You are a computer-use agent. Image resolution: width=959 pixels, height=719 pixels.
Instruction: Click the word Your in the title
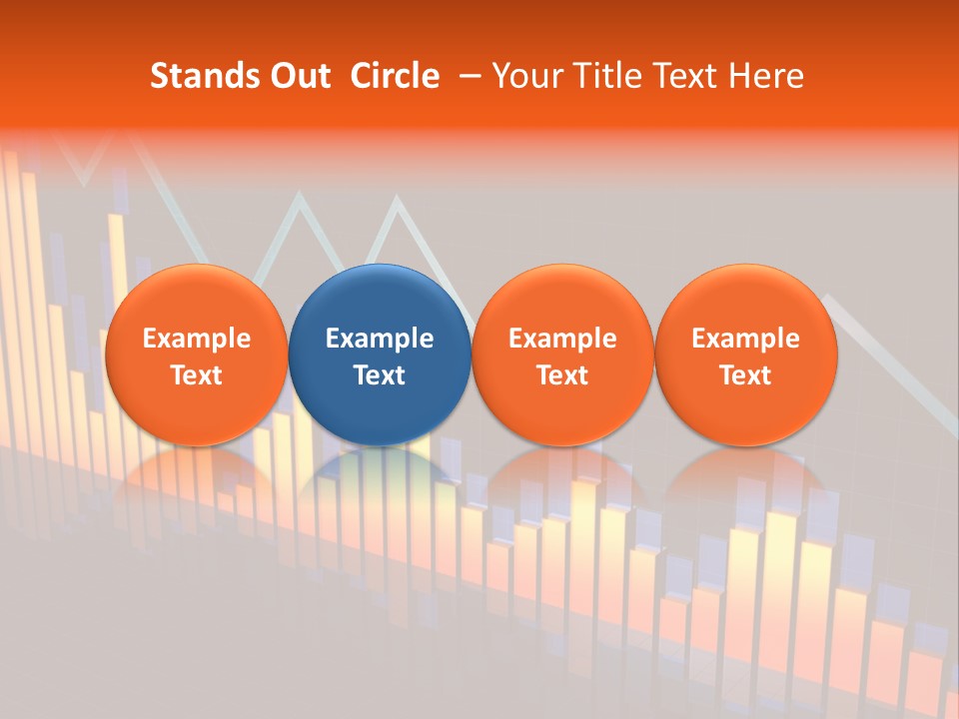524,76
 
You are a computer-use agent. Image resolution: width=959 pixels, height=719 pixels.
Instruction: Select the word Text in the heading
680,76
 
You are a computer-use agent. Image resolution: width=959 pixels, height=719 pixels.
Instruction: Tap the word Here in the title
765,76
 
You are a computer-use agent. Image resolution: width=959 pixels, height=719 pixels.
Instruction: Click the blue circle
380,300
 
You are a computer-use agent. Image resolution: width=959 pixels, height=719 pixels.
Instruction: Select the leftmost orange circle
196,300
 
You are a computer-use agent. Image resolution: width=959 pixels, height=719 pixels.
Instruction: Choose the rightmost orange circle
745,300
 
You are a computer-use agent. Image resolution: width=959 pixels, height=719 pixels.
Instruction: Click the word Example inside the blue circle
380,339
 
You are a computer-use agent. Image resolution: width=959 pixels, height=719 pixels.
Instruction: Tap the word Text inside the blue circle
380,375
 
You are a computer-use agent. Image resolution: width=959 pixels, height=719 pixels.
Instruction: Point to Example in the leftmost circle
196,339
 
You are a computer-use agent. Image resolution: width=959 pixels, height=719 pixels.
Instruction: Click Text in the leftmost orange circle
196,375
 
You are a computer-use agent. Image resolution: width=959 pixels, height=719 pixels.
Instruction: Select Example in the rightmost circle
745,339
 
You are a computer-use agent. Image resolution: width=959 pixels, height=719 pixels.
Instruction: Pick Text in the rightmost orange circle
745,375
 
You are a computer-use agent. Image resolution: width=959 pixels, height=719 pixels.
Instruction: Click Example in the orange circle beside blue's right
562,339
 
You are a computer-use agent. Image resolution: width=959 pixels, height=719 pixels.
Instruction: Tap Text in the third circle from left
562,375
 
